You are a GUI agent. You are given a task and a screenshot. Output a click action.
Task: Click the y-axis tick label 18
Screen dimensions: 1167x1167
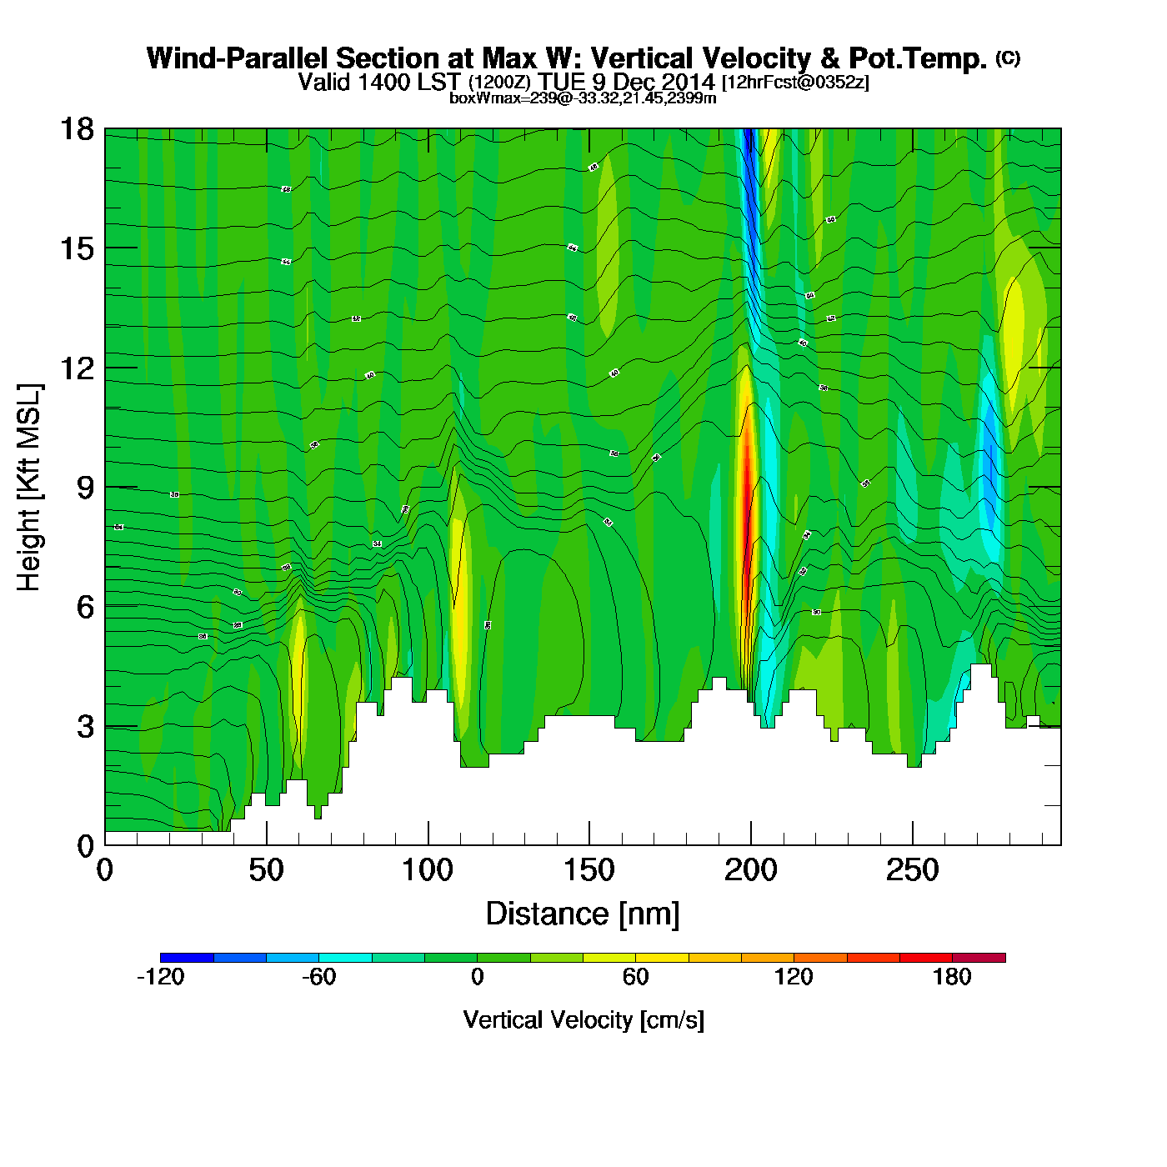pos(76,129)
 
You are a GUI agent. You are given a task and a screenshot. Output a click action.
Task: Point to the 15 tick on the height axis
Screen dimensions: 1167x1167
pos(76,248)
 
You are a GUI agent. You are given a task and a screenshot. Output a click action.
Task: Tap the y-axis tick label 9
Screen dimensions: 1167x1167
pos(85,488)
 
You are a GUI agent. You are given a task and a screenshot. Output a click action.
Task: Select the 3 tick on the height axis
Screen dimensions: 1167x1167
pos(85,727)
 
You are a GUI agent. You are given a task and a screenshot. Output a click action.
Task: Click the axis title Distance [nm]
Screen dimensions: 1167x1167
pos(583,914)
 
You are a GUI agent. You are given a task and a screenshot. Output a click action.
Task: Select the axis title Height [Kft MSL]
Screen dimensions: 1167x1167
pos(29,488)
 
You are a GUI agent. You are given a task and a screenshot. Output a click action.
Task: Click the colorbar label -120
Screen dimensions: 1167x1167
pos(160,977)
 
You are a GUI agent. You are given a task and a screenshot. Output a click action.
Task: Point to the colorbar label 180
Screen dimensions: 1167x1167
pos(952,977)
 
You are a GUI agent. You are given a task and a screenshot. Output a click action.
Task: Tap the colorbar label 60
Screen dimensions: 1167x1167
pos(635,977)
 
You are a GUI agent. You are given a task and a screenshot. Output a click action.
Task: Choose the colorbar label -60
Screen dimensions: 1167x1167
pos(318,977)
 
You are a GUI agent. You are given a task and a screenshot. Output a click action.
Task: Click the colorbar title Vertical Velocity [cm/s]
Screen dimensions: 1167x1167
pos(583,1020)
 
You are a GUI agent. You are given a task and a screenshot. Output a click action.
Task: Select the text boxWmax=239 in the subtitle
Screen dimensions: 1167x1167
pos(489,98)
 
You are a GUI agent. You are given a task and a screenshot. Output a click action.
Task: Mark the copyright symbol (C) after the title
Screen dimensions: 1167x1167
pos(1007,58)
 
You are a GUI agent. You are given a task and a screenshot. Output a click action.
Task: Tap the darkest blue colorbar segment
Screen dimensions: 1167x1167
pos(187,957)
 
